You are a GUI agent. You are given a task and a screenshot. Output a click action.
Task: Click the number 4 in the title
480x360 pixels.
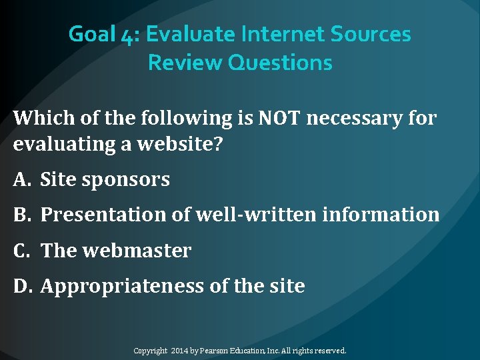(x=129, y=34)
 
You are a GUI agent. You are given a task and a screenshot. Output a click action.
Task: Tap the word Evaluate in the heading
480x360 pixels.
(x=189, y=34)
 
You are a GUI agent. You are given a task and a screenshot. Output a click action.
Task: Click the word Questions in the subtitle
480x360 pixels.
(x=280, y=63)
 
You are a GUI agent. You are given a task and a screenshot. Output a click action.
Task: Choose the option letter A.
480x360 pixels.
(x=20, y=179)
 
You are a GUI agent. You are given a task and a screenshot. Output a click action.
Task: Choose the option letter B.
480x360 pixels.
(x=20, y=215)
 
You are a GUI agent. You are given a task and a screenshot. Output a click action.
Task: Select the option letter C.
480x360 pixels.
(x=20, y=251)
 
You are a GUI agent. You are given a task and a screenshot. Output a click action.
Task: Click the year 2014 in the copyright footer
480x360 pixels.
(x=181, y=350)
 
